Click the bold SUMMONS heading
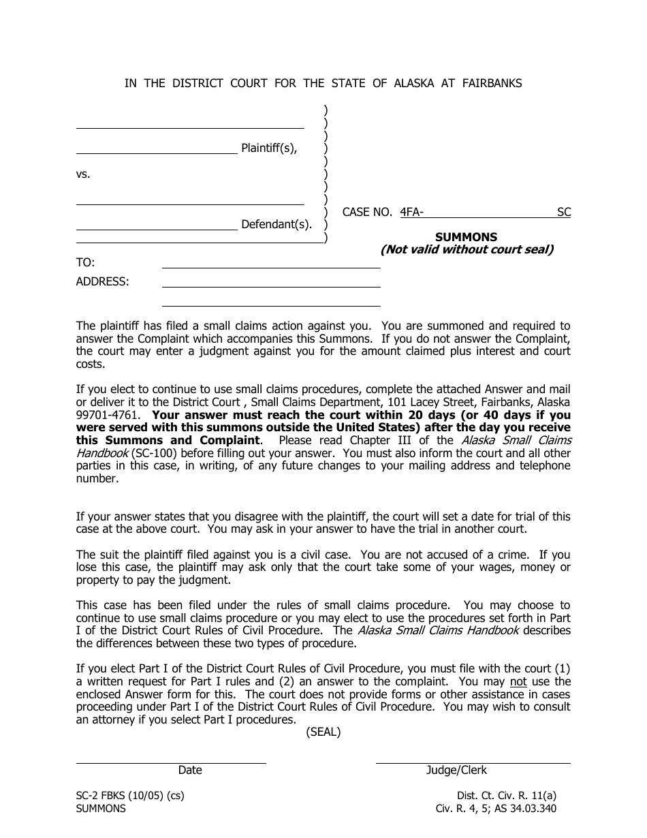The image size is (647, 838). pos(466,237)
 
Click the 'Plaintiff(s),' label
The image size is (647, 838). pos(269,149)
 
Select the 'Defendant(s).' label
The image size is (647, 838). pos(277,224)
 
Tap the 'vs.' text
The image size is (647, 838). pos(83,174)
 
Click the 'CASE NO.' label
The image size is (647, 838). pos(367,212)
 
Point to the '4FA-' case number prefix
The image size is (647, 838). pos(412,212)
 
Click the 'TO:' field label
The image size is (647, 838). pos(85,263)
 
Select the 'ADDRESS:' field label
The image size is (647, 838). pos(102,281)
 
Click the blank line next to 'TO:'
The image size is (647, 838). pos(271,268)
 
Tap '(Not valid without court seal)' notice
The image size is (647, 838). pos(467,249)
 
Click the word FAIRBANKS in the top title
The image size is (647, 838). pos(492,83)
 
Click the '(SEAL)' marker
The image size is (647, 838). pos(323,732)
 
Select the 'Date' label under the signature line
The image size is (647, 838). pos(190,770)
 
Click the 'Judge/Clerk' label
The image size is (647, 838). pos(456,770)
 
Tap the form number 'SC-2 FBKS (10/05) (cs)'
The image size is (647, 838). pos(130,795)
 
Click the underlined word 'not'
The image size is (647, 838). pos(518,681)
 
